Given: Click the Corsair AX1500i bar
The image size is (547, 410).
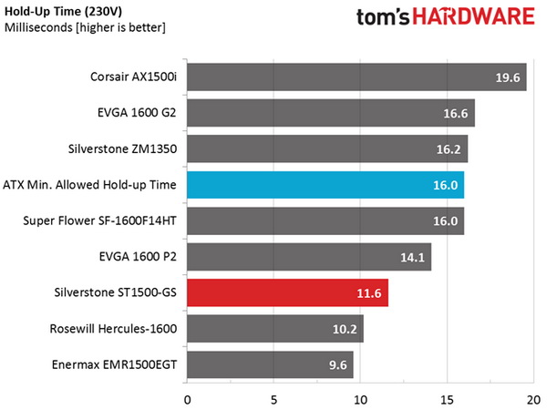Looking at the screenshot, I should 356,79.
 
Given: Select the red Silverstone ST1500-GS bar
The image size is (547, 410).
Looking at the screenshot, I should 287,294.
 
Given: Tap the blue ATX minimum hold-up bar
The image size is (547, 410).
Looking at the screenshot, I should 325,185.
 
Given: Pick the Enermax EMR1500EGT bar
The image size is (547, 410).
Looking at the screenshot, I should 270,365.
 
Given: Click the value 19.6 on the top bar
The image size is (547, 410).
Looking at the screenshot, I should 507,79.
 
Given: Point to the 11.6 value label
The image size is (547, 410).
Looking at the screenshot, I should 368,294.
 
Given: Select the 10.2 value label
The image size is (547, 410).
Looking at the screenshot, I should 344,330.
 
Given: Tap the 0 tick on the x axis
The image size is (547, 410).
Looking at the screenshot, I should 187,398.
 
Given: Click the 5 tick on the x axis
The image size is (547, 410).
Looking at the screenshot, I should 273,398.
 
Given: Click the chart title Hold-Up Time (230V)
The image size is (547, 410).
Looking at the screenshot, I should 57,12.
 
